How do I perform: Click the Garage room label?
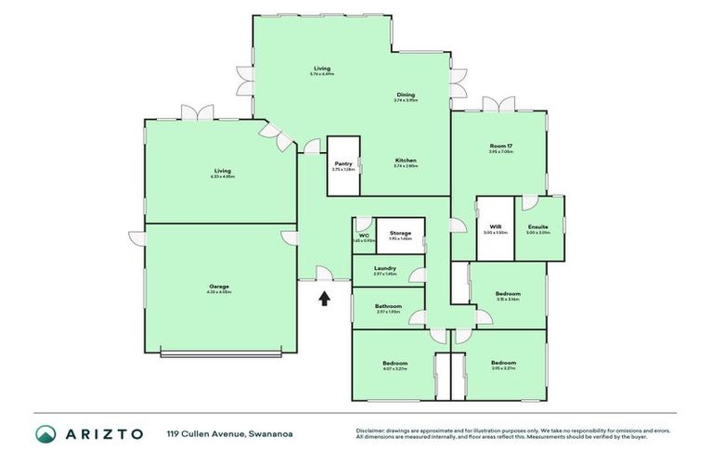(x=220, y=287)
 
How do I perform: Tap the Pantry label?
(x=344, y=163)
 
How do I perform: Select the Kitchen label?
(x=405, y=160)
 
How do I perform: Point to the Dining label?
(x=406, y=95)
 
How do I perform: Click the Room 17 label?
(x=500, y=146)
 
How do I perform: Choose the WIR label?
(x=494, y=226)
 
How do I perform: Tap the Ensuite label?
(x=538, y=227)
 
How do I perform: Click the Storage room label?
(x=400, y=233)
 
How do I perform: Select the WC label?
(x=363, y=236)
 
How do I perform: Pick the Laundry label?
(x=385, y=268)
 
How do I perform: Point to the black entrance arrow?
(x=324, y=299)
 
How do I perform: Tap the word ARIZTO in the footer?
(x=104, y=433)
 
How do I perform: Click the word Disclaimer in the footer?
(x=372, y=430)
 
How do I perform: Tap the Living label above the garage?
(x=223, y=171)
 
